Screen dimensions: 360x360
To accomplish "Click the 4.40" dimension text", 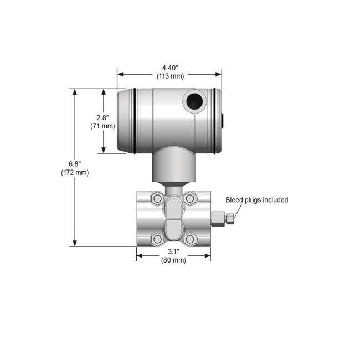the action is (170, 68).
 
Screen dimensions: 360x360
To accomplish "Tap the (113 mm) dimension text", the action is (171, 76).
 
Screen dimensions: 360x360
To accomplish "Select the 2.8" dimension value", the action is (102, 118).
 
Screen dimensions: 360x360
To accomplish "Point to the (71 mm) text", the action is (102, 126).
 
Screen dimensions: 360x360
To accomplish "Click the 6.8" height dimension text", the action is (75, 164).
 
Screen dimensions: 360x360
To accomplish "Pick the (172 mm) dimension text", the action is (75, 172).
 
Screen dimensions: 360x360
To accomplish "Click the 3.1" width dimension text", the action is (173, 251).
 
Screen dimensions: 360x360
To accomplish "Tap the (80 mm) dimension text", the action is (173, 260).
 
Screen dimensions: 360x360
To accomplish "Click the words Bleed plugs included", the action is (256, 200).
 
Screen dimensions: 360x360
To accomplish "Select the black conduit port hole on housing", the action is (194, 101).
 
